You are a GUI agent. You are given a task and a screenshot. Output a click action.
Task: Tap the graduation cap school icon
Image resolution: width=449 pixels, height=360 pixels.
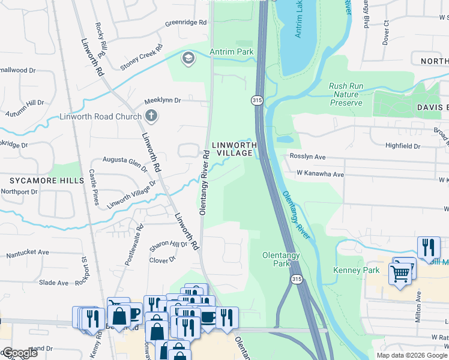[x=188, y=58]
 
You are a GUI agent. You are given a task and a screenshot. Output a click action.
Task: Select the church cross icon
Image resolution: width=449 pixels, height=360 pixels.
[x=152, y=116]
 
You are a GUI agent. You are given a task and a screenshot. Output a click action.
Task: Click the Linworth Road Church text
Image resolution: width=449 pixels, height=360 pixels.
[x=100, y=116]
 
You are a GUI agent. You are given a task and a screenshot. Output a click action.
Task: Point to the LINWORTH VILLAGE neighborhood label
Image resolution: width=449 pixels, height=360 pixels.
[x=234, y=149]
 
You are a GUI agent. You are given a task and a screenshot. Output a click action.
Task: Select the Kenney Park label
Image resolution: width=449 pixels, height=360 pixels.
[x=357, y=271]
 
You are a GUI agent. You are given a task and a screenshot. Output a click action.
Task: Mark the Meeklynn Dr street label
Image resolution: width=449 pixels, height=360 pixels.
[x=162, y=100]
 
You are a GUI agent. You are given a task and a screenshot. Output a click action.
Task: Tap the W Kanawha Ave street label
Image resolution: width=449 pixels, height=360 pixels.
[x=320, y=175]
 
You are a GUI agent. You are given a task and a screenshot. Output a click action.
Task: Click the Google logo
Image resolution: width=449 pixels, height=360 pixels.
[x=19, y=353]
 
